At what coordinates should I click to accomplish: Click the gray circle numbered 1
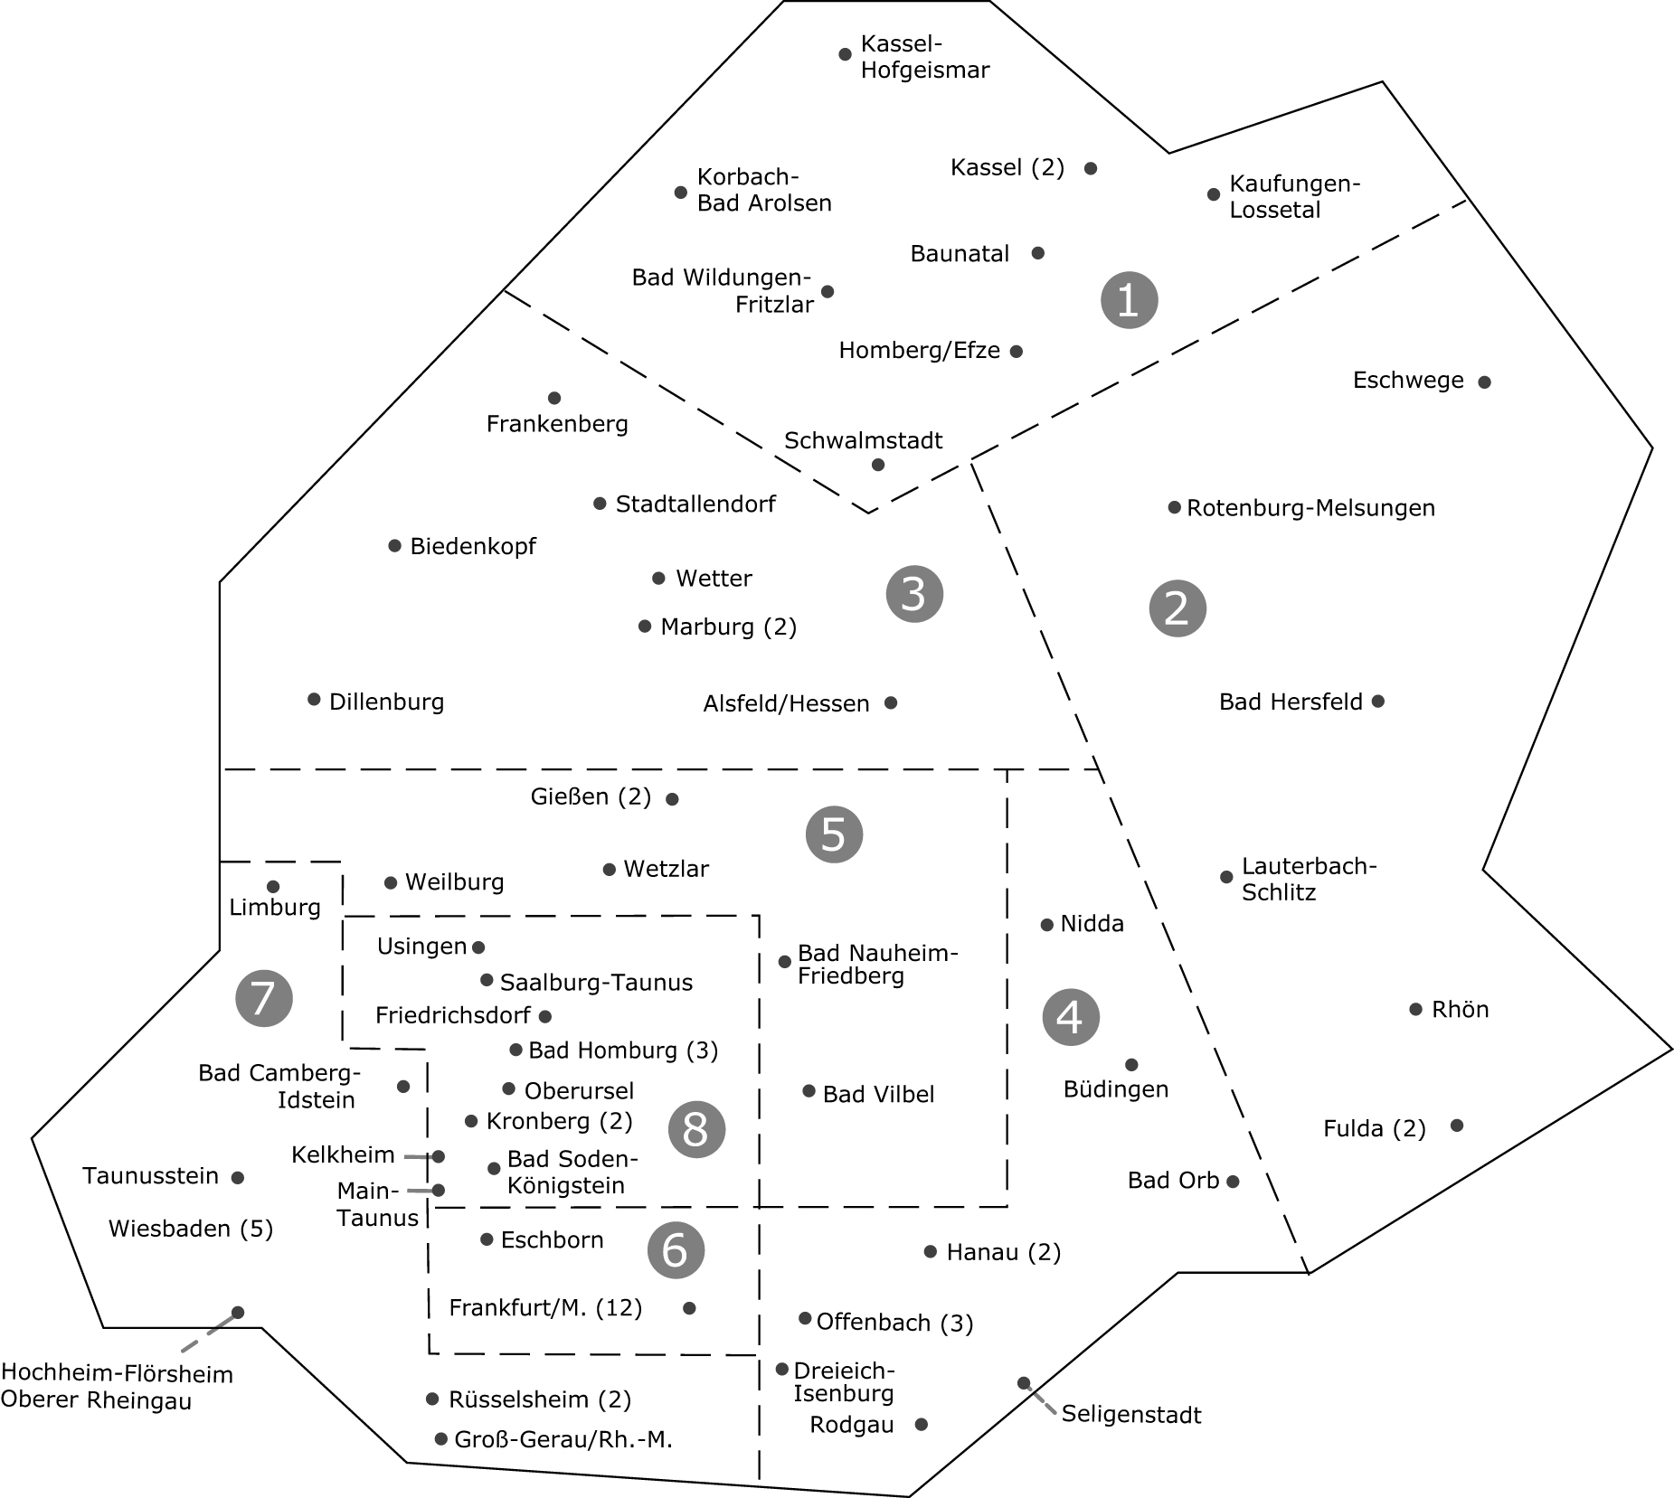(1129, 299)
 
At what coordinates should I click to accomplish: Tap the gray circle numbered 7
(263, 998)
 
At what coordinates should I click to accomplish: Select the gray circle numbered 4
(1071, 1017)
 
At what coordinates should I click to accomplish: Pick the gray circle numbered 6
(676, 1249)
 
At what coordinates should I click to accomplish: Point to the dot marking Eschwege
(1484, 382)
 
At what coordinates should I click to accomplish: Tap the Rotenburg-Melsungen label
(1310, 508)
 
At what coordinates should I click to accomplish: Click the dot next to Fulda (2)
(1457, 1126)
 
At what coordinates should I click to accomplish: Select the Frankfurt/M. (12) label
(545, 1308)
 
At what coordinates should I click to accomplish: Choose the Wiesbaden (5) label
(191, 1229)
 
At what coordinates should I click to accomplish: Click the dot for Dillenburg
(314, 699)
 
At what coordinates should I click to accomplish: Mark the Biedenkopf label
(473, 547)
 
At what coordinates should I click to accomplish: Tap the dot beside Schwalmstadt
(878, 465)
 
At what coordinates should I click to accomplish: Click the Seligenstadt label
(1130, 1414)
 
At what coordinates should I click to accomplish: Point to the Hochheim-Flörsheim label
(117, 1374)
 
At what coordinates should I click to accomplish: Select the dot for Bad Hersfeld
(1377, 701)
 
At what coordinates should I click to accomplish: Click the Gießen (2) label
(591, 796)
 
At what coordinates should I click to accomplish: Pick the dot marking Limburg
(273, 887)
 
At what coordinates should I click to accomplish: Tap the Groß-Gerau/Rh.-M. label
(563, 1439)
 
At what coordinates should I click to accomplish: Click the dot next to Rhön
(1415, 1009)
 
